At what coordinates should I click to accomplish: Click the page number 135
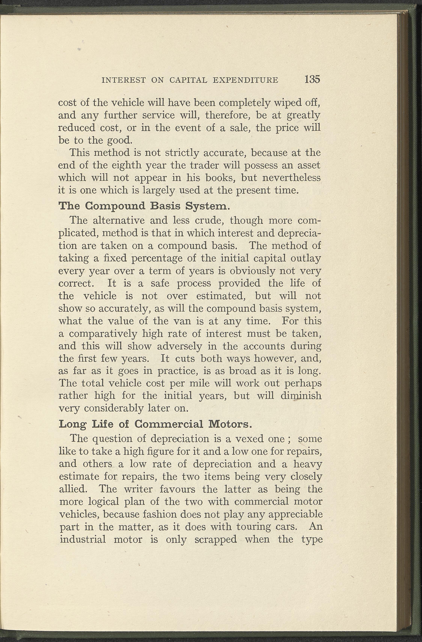point(312,79)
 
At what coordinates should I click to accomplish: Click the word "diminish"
point(301,396)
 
